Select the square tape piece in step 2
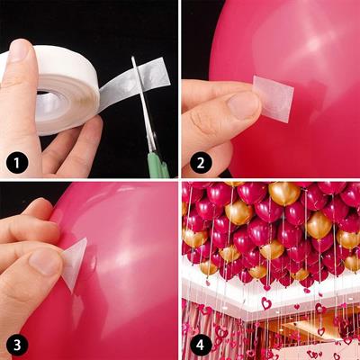pos(274,98)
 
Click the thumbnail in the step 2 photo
pos(243,104)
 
